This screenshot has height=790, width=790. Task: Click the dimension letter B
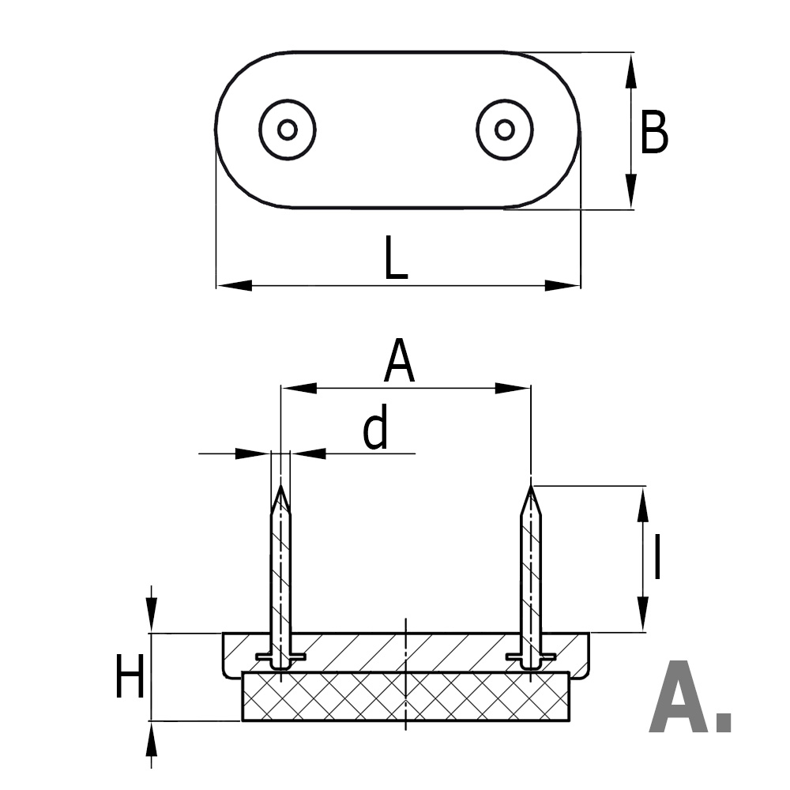tap(653, 133)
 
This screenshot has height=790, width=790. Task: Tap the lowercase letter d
tap(376, 429)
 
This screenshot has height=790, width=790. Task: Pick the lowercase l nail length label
tap(656, 557)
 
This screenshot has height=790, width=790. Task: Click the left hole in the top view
tap(288, 130)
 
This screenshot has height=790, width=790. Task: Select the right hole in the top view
tap(505, 130)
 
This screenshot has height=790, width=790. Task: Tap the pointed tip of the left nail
tap(280, 490)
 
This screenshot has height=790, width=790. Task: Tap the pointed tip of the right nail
tap(531, 490)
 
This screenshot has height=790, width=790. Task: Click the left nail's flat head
tap(281, 658)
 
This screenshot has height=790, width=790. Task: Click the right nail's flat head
tap(531, 658)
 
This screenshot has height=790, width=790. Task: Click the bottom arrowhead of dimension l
tap(644, 617)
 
